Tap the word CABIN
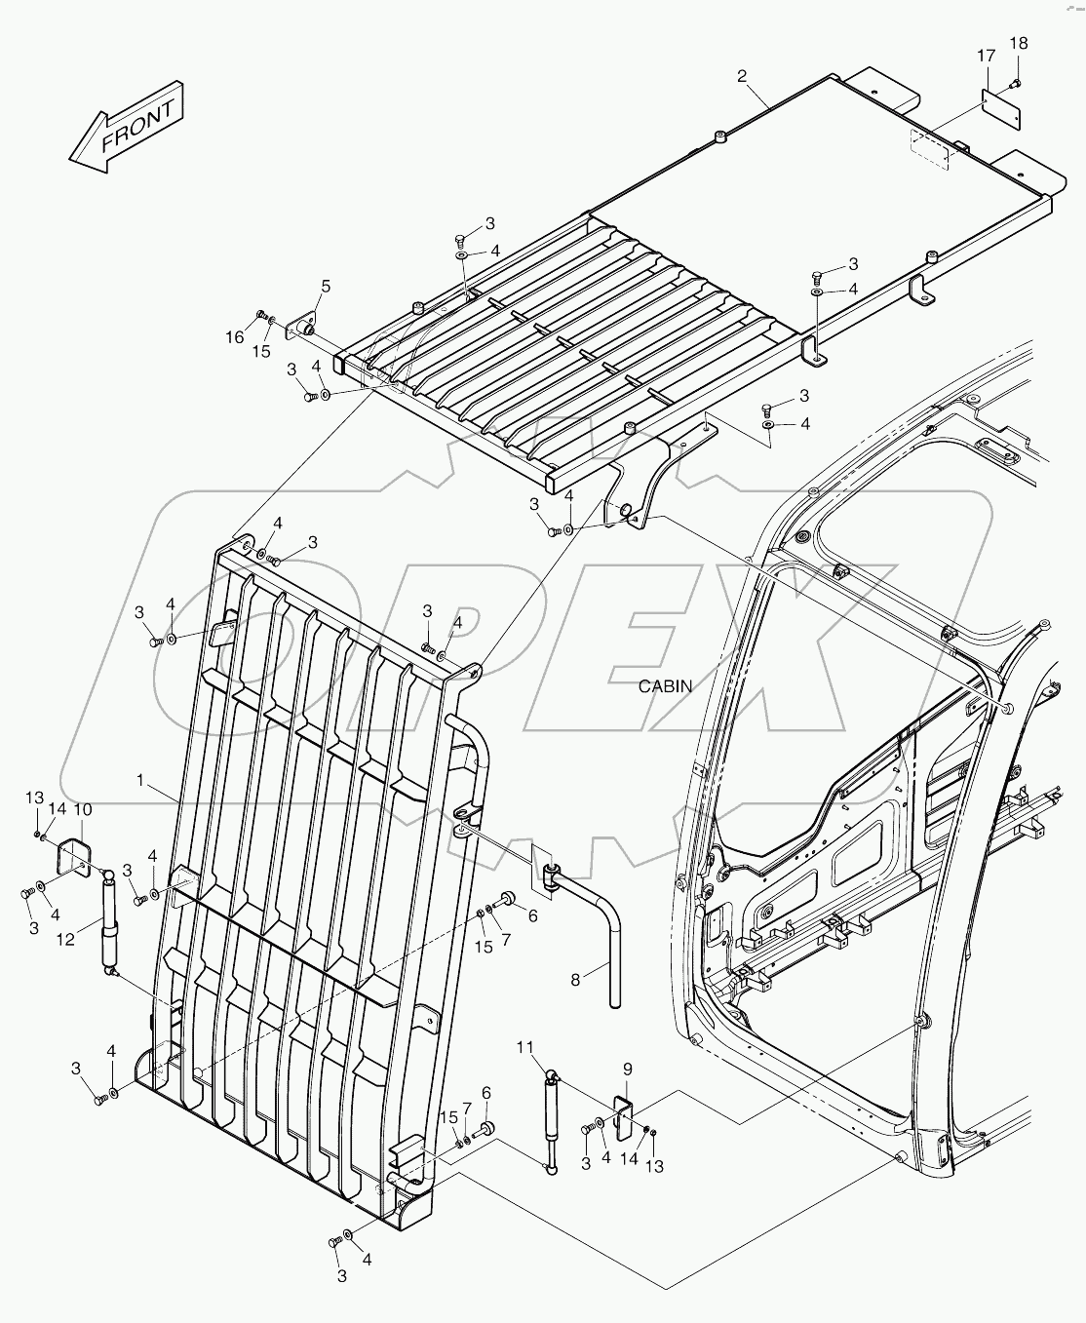point(665,686)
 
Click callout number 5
point(326,286)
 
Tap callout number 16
point(235,337)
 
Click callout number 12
point(64,940)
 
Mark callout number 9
point(626,1068)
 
